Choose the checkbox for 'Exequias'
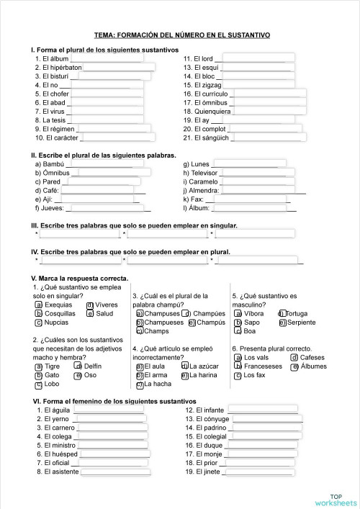click(x=38, y=305)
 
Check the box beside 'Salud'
click(x=90, y=313)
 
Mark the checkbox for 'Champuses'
click(x=140, y=313)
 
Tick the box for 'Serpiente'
click(x=282, y=323)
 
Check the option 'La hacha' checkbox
click(x=140, y=384)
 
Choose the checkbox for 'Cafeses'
click(x=294, y=358)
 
